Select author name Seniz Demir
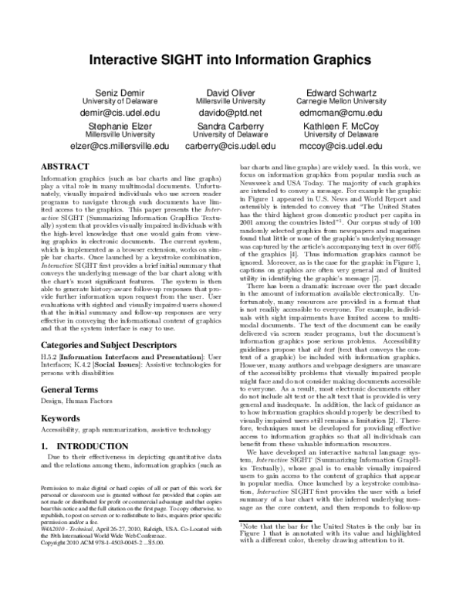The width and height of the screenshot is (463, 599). (x=116, y=93)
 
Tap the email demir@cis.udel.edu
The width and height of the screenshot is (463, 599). (x=116, y=113)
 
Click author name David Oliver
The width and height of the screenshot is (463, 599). (x=230, y=93)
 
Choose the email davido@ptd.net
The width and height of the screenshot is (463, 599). (x=230, y=113)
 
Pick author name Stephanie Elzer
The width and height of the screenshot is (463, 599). (x=116, y=126)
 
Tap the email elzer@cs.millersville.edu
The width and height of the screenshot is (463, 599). (x=116, y=145)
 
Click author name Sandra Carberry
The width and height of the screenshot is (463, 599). (x=230, y=126)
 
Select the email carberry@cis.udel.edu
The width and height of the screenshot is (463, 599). (x=230, y=145)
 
